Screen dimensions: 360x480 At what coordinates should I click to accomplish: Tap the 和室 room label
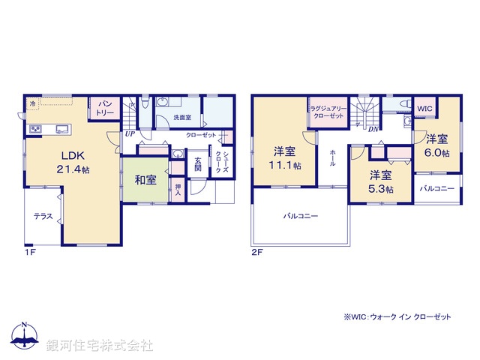145,179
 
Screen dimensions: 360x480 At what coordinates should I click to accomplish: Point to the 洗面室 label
182,118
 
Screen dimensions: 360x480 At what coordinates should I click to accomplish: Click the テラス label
43,216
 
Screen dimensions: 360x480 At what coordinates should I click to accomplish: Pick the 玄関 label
198,164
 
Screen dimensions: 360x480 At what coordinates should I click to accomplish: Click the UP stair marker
129,134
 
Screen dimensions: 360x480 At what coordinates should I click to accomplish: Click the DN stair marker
373,128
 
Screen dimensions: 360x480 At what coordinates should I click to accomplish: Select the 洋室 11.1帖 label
283,157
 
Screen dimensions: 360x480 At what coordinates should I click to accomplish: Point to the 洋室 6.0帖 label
437,145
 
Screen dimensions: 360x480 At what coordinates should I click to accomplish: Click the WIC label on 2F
425,108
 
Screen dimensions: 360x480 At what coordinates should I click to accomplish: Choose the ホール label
331,157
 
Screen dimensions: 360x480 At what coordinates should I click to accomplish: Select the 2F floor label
257,253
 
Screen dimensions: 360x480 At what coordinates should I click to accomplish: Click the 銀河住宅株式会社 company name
100,346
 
